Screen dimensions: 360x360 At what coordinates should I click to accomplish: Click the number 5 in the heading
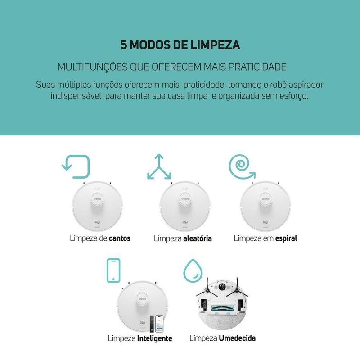tap(123, 45)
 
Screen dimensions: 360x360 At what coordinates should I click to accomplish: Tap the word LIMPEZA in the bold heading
tap(216, 45)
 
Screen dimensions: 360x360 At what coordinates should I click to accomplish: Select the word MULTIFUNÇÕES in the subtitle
tap(92, 67)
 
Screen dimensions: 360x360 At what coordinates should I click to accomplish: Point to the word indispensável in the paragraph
tap(76, 96)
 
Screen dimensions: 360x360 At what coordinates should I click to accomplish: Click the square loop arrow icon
tap(76, 166)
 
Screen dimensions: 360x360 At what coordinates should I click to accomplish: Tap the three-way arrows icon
tap(159, 166)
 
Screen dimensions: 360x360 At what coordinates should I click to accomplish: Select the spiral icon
tap(242, 166)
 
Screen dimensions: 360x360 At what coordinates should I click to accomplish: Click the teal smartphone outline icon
tap(113, 270)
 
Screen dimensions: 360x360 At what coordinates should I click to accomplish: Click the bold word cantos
tap(120, 238)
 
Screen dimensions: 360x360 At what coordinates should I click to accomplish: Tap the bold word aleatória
tap(198, 238)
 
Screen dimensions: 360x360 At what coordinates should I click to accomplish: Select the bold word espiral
tap(286, 238)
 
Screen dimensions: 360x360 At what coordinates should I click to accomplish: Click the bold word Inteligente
tap(154, 338)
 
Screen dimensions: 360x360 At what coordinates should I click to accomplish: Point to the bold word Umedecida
tap(237, 338)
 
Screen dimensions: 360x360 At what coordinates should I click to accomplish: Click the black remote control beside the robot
tap(152, 324)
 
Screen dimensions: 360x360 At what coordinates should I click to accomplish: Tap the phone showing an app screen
tap(159, 324)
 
